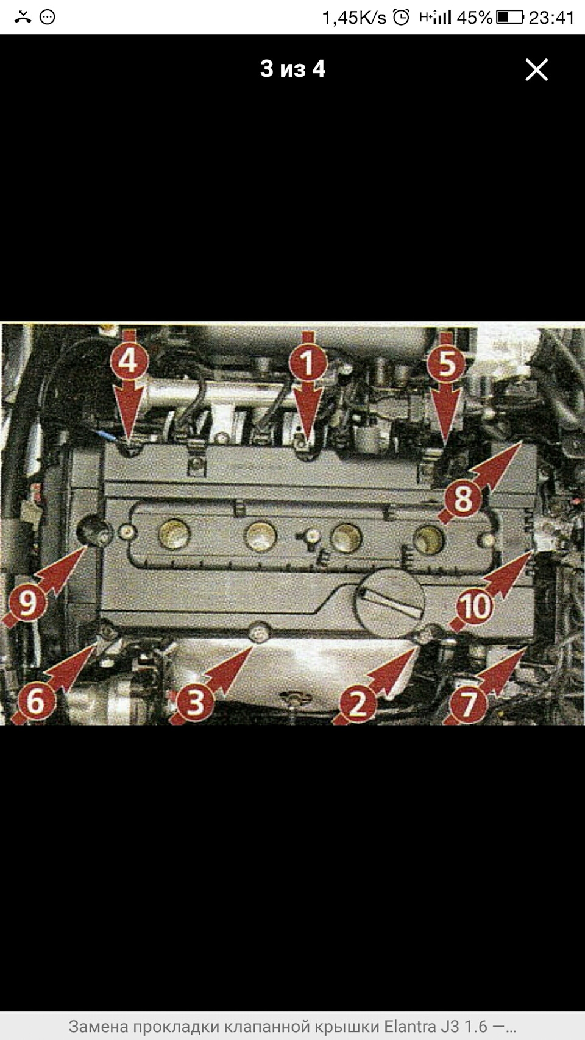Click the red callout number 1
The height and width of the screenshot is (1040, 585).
(307, 363)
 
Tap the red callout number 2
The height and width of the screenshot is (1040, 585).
(358, 704)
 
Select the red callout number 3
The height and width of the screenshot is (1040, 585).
(195, 701)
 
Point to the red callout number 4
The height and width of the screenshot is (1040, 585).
(129, 361)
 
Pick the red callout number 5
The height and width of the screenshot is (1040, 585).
(446, 363)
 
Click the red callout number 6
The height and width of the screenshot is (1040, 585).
(36, 700)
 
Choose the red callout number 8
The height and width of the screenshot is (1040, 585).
(463, 499)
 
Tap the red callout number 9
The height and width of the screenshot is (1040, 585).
(27, 603)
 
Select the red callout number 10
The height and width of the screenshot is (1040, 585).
(475, 606)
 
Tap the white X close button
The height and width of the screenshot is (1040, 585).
(536, 69)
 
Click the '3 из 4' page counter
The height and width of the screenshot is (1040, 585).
(292, 69)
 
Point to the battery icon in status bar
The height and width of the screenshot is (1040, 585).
(510, 18)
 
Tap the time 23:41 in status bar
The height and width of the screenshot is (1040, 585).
(551, 18)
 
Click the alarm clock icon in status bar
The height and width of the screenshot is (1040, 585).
(401, 18)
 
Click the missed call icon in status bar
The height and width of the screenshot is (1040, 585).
(23, 18)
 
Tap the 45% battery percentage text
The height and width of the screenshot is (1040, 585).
(474, 18)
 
